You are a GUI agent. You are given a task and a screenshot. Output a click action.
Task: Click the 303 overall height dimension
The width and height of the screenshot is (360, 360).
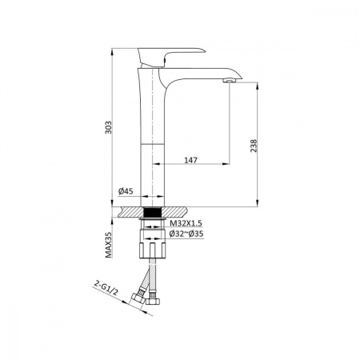point(108,127)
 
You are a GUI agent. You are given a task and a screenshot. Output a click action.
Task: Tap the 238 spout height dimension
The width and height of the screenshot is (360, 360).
point(254,146)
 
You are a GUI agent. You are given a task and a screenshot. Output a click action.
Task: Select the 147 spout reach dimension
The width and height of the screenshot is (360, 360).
point(191,160)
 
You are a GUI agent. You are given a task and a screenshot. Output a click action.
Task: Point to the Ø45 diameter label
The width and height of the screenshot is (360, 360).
point(126,191)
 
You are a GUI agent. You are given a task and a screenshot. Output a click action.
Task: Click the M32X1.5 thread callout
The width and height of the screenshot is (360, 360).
point(186,223)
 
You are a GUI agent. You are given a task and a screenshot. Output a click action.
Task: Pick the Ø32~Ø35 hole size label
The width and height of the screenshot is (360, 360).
point(186,234)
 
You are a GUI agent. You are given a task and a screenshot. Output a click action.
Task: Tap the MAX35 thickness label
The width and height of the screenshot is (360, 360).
point(108,245)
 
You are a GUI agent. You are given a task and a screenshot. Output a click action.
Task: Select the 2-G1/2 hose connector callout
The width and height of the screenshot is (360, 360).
point(106,288)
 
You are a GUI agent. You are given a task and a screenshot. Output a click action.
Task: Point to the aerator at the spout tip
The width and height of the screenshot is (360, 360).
point(230,80)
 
